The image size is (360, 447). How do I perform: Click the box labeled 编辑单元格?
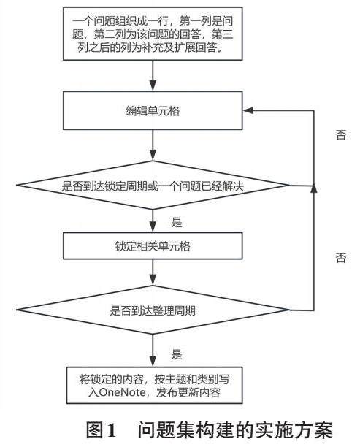[153, 110]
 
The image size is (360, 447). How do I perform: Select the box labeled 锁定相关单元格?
[153, 245]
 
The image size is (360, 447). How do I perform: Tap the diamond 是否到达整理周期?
[153, 310]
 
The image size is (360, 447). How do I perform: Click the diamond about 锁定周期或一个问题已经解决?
[153, 186]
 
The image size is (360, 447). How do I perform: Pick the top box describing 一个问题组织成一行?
[153, 34]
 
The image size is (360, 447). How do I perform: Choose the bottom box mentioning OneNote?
[155, 385]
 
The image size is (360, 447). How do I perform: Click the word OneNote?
[122, 392]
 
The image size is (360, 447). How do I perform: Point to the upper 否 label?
[341, 134]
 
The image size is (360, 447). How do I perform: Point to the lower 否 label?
[341, 258]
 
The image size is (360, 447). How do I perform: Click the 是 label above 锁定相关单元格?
[177, 222]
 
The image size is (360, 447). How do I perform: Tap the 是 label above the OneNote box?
[177, 354]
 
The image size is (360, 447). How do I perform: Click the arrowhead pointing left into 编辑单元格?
[248, 110]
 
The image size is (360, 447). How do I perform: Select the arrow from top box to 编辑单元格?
[153, 75]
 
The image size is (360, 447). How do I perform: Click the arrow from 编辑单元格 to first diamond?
[153, 145]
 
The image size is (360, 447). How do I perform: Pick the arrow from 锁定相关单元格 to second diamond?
[153, 272]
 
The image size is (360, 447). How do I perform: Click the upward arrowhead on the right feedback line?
[313, 189]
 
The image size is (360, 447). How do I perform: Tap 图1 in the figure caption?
[102, 430]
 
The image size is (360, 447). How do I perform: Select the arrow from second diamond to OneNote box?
[153, 351]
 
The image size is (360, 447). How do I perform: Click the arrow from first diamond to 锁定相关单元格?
[153, 221]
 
